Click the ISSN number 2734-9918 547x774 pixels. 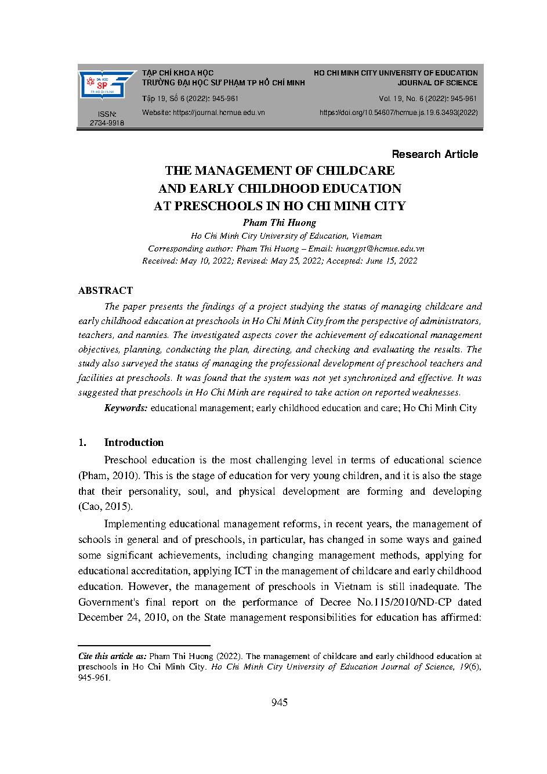click(107, 123)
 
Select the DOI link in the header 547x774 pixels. click(399, 113)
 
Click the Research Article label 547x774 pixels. click(434, 154)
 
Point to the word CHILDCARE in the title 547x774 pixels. click(354, 171)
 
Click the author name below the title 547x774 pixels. click(279, 222)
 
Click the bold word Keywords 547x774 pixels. click(126, 408)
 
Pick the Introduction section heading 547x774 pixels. click(134, 442)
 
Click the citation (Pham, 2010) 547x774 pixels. click(108, 476)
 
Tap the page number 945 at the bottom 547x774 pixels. click(280, 703)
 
